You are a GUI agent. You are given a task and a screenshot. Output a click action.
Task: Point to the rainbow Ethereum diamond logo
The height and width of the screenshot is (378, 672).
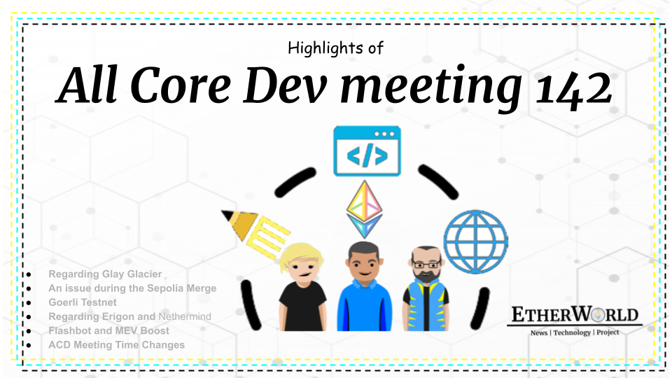coord(364,209)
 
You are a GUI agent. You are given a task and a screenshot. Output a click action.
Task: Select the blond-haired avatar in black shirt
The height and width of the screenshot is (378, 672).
coord(302,286)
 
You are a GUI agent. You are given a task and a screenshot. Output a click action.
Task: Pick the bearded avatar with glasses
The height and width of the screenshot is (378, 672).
coord(426,287)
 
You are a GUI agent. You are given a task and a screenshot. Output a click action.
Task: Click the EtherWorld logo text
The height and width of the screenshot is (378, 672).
coord(574,315)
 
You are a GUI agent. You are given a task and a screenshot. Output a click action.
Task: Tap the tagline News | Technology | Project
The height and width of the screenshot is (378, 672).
coord(574,332)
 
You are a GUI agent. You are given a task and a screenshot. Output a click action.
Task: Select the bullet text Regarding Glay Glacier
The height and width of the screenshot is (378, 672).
coord(105,274)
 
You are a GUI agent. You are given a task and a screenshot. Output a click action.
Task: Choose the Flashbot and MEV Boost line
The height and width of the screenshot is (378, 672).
coord(108,330)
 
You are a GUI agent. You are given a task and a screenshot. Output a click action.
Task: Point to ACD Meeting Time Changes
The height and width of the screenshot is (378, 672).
coord(116,344)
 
